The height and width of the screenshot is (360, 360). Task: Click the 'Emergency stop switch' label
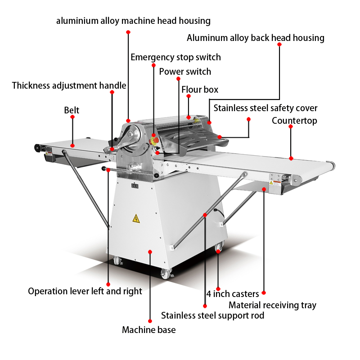tap(175, 57)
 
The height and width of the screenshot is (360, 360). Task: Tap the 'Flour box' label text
tap(200, 90)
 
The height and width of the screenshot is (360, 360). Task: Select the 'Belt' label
tap(72, 110)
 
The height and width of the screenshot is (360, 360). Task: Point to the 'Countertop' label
tap(294, 121)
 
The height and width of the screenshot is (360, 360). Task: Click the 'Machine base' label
tap(148, 330)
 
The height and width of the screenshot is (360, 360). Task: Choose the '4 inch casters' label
tap(233, 294)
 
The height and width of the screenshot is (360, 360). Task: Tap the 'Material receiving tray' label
tap(272, 305)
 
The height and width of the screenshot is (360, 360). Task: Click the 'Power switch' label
tap(185, 72)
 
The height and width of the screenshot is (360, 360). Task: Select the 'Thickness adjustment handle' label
tap(69, 85)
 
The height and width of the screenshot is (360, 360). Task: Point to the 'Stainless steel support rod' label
tap(212, 315)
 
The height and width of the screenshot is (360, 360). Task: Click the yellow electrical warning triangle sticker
tap(135, 219)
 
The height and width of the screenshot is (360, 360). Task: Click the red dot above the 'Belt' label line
tap(72, 117)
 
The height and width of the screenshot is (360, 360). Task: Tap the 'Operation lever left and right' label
tap(85, 291)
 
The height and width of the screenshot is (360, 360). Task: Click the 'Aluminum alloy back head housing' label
tap(255, 38)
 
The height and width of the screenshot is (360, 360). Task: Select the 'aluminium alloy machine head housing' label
tap(133, 21)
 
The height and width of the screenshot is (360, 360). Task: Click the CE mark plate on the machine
tap(134, 185)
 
